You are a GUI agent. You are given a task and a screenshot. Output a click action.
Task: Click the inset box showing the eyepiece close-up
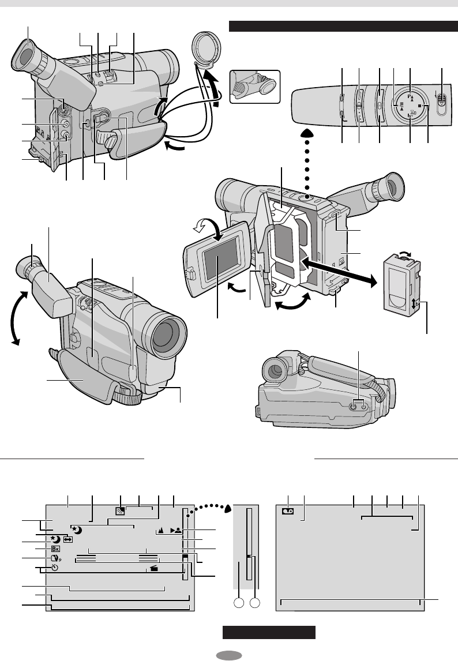(x=254, y=87)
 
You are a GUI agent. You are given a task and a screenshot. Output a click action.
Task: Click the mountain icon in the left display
(x=160, y=529)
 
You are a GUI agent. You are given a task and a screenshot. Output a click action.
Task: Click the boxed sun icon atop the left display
(x=120, y=510)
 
